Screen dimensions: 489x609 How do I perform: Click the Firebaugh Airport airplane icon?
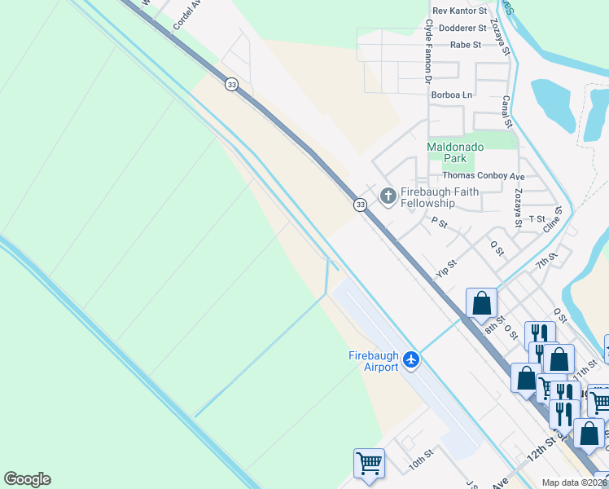click(412, 359)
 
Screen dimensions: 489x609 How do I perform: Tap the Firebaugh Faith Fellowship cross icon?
click(388, 196)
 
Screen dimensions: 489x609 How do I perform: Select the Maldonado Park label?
click(455, 152)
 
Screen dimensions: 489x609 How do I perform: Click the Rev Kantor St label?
click(460, 11)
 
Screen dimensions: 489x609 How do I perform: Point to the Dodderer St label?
click(462, 28)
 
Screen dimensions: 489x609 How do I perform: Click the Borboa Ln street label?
click(457, 95)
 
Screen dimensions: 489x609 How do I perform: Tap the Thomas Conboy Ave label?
click(484, 175)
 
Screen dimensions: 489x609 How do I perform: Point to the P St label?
click(440, 222)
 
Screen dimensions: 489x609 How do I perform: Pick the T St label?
click(537, 218)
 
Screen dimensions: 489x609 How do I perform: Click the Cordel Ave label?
click(187, 16)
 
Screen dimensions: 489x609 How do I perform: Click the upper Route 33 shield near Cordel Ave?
click(232, 85)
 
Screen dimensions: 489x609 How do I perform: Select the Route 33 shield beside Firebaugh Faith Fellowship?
click(360, 205)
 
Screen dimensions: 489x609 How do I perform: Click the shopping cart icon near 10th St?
click(369, 463)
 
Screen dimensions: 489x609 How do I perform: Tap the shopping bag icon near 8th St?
click(481, 303)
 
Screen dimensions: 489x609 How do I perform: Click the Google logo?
click(28, 479)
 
